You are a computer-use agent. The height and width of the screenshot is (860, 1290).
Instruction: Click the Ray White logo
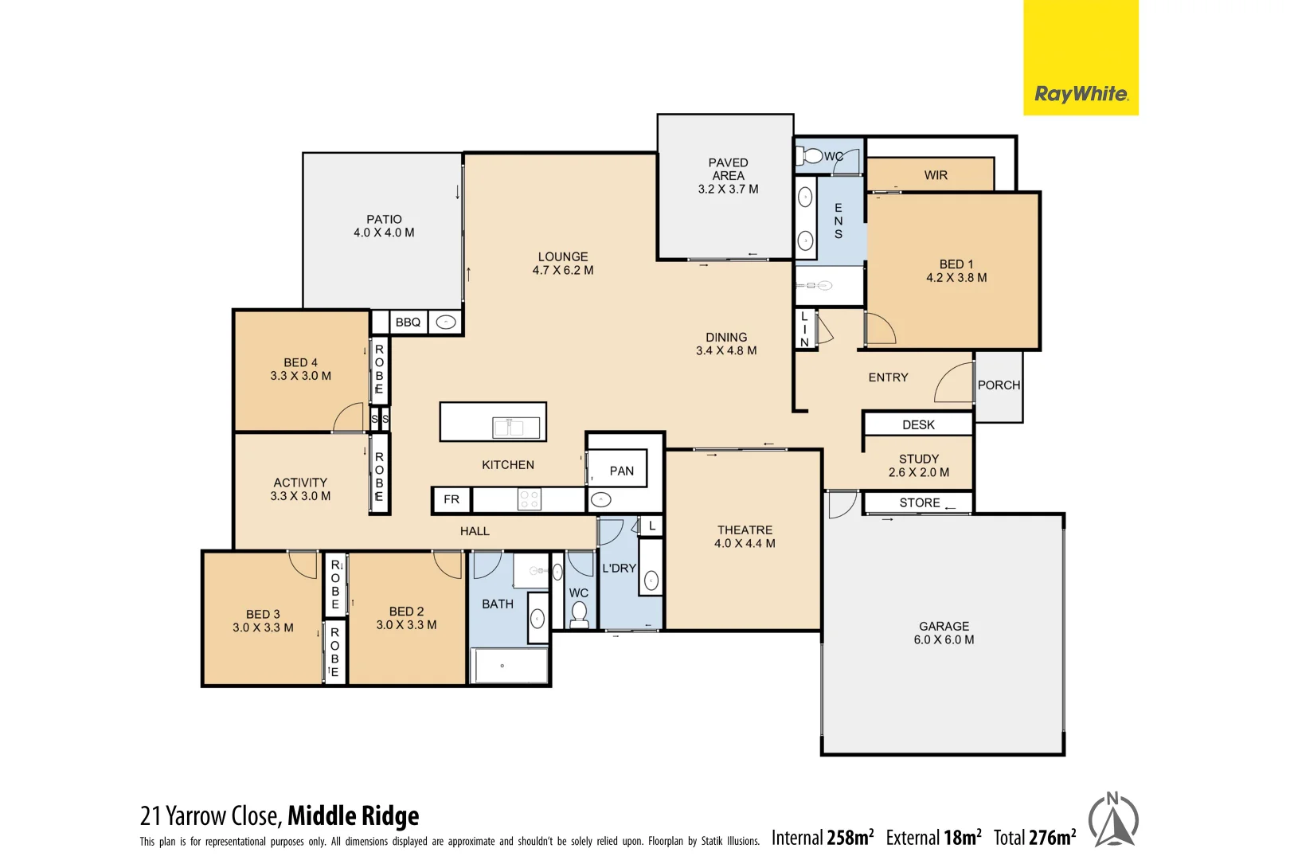(1080, 94)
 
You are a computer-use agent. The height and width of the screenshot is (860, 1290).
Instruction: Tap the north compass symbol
(1113, 820)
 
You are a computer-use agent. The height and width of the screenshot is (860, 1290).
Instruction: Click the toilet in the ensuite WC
(810, 156)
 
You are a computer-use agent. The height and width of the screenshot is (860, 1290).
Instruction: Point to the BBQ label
(408, 322)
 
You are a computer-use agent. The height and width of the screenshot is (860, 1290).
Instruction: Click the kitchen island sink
(508, 428)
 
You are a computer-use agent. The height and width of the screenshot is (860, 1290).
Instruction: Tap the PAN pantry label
(621, 471)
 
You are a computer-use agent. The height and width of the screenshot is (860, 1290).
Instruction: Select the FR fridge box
(451, 499)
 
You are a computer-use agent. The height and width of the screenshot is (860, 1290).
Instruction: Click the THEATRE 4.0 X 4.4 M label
(745, 537)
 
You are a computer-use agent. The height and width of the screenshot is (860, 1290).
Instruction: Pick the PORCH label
(999, 385)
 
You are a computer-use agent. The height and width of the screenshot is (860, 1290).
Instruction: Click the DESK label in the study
(918, 425)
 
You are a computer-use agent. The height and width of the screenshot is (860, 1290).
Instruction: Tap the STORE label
(920, 503)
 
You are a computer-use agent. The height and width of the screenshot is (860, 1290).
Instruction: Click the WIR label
(936, 175)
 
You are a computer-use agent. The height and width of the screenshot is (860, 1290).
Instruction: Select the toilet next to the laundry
(580, 613)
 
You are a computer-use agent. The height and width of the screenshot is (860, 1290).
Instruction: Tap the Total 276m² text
(1034, 838)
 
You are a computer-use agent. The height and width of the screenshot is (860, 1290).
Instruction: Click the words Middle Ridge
(353, 816)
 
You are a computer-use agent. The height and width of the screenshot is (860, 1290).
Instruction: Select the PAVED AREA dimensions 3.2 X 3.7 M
(728, 190)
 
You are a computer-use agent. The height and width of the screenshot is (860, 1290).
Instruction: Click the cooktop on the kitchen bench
(530, 499)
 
